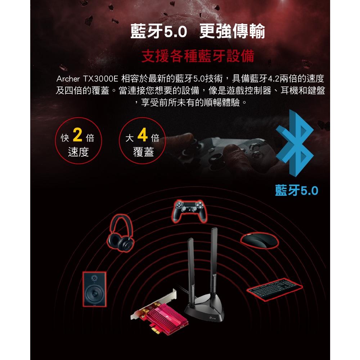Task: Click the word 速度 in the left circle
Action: click(x=78, y=153)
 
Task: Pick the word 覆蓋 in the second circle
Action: click(x=143, y=153)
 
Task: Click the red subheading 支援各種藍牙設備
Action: click(x=198, y=56)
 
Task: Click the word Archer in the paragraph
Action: click(x=68, y=78)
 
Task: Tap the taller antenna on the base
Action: click(x=214, y=259)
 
